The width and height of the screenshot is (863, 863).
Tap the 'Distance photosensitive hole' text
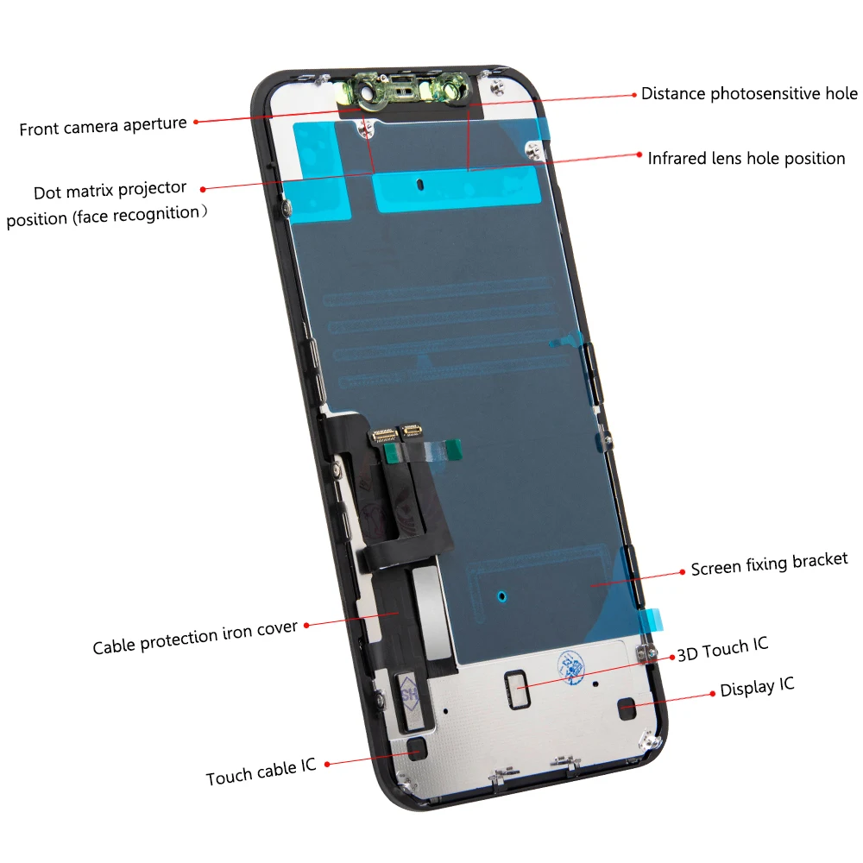[749, 93]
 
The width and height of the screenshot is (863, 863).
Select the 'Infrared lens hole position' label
[746, 158]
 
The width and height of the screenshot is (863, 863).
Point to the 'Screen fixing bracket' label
[769, 564]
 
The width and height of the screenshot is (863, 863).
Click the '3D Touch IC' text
[721, 649]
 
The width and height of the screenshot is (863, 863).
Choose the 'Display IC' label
[757, 688]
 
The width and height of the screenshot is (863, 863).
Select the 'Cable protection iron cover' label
[195, 637]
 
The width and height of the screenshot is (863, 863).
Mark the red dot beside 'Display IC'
[713, 693]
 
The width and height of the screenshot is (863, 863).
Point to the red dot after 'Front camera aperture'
[196, 123]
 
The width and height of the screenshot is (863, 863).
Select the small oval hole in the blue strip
[419, 184]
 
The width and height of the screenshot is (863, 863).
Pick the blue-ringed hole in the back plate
[502, 594]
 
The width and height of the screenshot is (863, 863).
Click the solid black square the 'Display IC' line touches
[627, 711]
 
